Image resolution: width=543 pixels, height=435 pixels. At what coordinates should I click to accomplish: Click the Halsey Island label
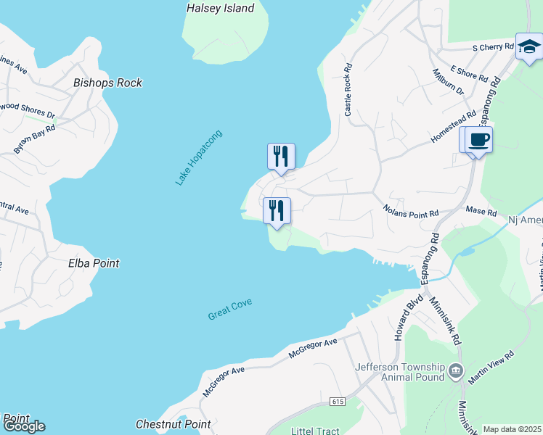click(221, 9)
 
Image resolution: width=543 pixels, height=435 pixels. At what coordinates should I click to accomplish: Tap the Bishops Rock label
click(108, 83)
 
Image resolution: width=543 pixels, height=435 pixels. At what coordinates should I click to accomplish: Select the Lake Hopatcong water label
click(198, 157)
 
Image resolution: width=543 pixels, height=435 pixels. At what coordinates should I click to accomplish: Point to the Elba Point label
click(94, 263)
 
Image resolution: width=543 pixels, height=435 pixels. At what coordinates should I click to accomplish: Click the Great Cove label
click(230, 308)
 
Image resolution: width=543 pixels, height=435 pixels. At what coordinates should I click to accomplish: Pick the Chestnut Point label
click(173, 424)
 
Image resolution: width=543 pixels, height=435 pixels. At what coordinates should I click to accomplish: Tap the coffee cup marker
click(478, 139)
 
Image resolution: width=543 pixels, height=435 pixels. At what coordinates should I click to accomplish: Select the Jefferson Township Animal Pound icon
click(456, 371)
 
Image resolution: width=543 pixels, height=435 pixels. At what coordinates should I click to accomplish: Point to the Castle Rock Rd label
click(348, 90)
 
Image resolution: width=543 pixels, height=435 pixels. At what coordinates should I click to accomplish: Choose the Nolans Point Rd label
click(411, 211)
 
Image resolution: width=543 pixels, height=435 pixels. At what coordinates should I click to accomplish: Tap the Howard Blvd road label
click(404, 321)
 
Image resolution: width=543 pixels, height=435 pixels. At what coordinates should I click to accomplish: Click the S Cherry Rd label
click(493, 47)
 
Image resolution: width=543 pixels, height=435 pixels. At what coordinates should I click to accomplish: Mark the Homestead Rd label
click(453, 125)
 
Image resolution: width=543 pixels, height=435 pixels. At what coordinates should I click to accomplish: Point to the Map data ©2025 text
click(512, 429)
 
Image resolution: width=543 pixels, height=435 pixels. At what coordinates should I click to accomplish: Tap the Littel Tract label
click(314, 431)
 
